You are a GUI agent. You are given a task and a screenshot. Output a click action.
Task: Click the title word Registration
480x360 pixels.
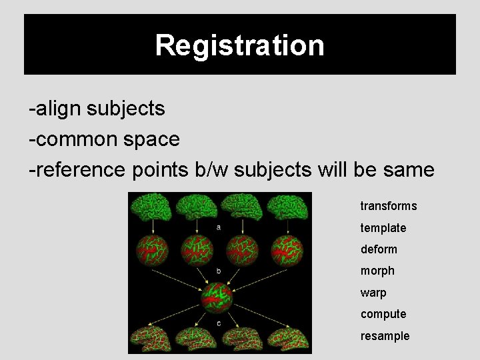tap(240, 45)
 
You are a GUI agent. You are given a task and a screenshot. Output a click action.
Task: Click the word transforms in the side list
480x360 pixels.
tap(389, 206)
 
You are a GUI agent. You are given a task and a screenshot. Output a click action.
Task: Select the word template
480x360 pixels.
tap(383, 228)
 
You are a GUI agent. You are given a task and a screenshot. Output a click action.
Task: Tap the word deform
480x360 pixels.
tap(379, 249)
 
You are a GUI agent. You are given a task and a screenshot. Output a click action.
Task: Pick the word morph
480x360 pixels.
tap(377, 271)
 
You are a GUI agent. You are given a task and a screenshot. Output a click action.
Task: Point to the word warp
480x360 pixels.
tap(373, 293)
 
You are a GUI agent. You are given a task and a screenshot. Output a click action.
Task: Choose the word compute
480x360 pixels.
tap(383, 314)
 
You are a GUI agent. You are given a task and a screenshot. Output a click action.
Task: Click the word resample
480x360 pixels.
tap(385, 336)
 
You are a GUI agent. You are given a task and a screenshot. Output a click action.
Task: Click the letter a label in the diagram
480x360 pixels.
tap(219, 227)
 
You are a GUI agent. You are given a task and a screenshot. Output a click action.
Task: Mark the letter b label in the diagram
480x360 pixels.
tap(219, 271)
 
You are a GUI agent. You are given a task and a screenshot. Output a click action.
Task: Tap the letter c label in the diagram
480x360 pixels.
tap(219, 323)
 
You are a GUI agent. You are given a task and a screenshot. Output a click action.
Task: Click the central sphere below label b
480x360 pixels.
tap(218, 298)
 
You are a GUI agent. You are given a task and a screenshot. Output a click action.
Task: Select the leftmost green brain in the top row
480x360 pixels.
tap(150, 207)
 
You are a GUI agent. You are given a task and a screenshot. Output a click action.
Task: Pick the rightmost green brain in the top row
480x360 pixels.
tap(287, 207)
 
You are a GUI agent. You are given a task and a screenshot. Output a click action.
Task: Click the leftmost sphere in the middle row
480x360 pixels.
tap(151, 251)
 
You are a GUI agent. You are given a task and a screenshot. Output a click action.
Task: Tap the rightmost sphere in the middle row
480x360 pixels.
tap(287, 251)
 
